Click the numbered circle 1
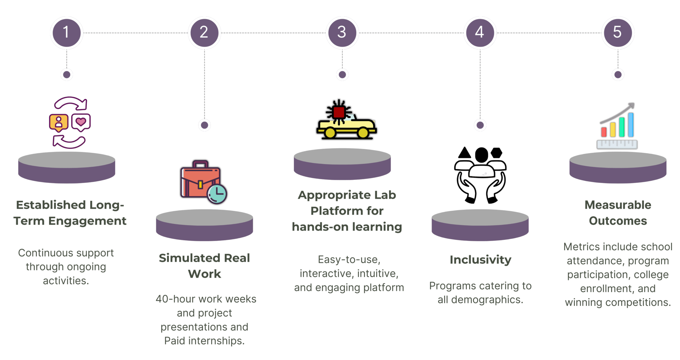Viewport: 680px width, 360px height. pyautogui.click(x=66, y=33)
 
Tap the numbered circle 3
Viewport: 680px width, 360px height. pyautogui.click(x=342, y=33)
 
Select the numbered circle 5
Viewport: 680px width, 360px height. pyautogui.click(x=618, y=33)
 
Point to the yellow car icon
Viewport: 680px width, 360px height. pyautogui.click(x=347, y=124)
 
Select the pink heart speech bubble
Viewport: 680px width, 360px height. pyautogui.click(x=81, y=122)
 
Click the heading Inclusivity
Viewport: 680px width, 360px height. pyautogui.click(x=480, y=260)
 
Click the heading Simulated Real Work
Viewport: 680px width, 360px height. pyautogui.click(x=204, y=266)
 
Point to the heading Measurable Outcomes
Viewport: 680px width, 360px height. pyautogui.click(x=618, y=213)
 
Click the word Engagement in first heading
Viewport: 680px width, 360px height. pyautogui.click(x=87, y=221)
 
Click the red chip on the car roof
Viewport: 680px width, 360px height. pyautogui.click(x=339, y=112)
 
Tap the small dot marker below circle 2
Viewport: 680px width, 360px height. pyautogui.click(x=204, y=125)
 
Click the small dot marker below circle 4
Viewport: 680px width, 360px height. pyautogui.click(x=480, y=125)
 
